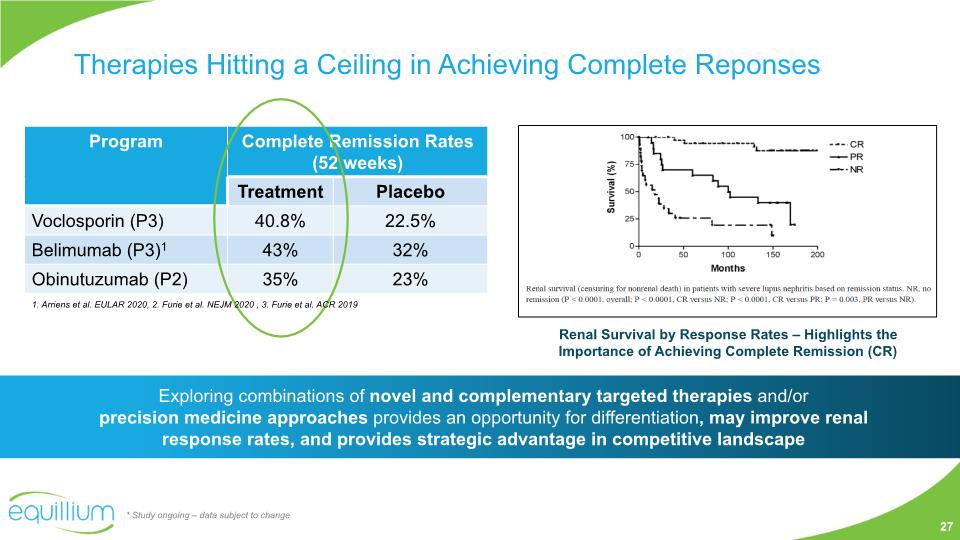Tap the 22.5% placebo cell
tap(410, 220)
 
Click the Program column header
tap(126, 142)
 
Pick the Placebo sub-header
tap(410, 191)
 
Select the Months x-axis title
tap(727, 268)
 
